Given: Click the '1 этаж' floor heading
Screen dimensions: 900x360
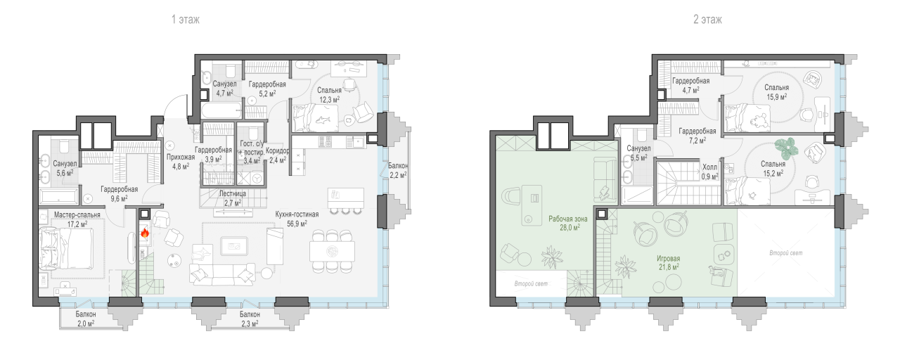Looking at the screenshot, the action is [186, 19].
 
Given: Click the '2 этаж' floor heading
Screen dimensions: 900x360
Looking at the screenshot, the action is [707, 19].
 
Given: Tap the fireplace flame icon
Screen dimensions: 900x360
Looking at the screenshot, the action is [145, 232].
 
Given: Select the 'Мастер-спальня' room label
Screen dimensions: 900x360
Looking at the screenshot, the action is [77, 215].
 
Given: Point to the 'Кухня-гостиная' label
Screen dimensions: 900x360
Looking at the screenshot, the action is [297, 214].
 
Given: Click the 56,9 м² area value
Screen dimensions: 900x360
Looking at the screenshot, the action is [297, 224].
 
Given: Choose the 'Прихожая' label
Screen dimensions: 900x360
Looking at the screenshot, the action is [181, 157].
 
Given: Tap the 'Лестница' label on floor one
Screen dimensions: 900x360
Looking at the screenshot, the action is [233, 193].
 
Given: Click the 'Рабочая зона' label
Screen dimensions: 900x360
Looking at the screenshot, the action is [567, 219].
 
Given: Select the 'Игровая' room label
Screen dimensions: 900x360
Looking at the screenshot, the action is [669, 258].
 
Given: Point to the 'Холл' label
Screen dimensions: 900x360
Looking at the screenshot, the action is [709, 167].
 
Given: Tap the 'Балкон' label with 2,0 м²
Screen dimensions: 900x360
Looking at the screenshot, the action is [86, 314].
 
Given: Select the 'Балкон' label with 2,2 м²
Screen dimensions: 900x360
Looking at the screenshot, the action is [398, 165].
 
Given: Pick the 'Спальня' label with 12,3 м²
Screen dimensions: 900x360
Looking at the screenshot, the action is [329, 91].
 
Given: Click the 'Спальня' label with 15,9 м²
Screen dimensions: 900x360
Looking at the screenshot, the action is [776, 87].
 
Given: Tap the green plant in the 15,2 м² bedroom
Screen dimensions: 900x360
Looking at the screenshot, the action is [786, 148].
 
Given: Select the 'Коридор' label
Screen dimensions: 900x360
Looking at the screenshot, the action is [278, 150].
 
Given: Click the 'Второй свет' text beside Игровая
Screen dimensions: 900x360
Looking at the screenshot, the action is [786, 253].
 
